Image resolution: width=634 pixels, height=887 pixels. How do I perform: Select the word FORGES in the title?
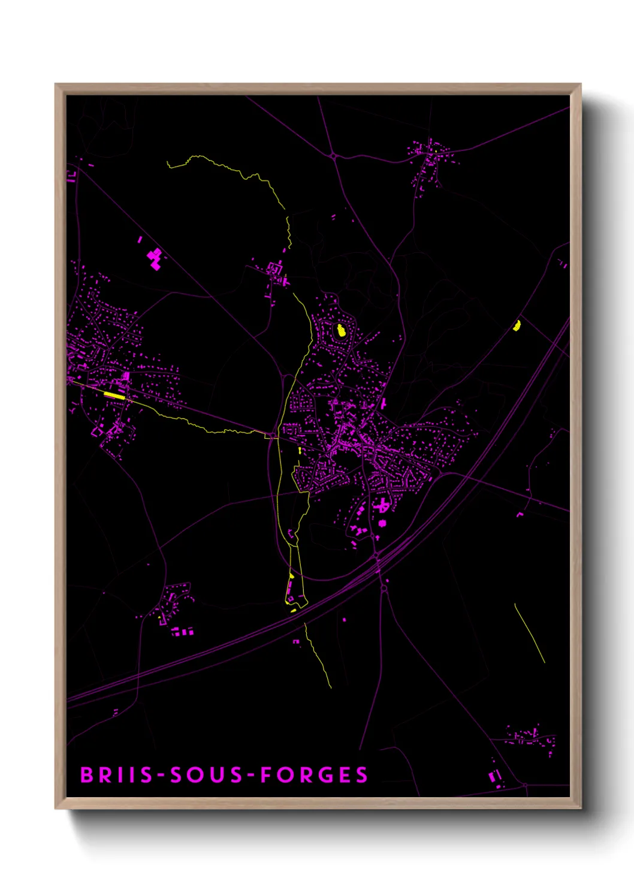click(315, 775)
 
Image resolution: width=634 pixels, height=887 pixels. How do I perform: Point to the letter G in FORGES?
click(326, 775)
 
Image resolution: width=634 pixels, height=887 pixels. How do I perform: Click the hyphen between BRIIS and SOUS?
click(161, 776)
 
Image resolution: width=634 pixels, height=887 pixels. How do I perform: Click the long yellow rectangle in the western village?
click(114, 394)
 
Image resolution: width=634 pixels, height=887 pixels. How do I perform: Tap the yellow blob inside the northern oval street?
click(341, 330)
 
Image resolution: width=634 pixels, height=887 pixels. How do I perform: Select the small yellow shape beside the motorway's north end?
click(517, 325)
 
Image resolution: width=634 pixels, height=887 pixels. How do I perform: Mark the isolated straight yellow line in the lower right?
click(530, 633)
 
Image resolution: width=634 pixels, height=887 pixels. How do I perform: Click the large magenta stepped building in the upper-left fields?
click(155, 259)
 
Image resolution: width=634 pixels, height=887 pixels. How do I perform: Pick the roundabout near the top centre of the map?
click(333, 156)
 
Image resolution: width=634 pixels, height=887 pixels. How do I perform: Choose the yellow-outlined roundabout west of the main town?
click(271, 435)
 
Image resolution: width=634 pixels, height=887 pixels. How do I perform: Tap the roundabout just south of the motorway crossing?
click(384, 589)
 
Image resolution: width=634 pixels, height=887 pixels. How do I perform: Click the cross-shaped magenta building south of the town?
click(382, 507)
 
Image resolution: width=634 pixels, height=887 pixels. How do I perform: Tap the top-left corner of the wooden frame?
click(56, 85)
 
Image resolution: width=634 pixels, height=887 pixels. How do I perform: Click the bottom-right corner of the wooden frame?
click(580, 808)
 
